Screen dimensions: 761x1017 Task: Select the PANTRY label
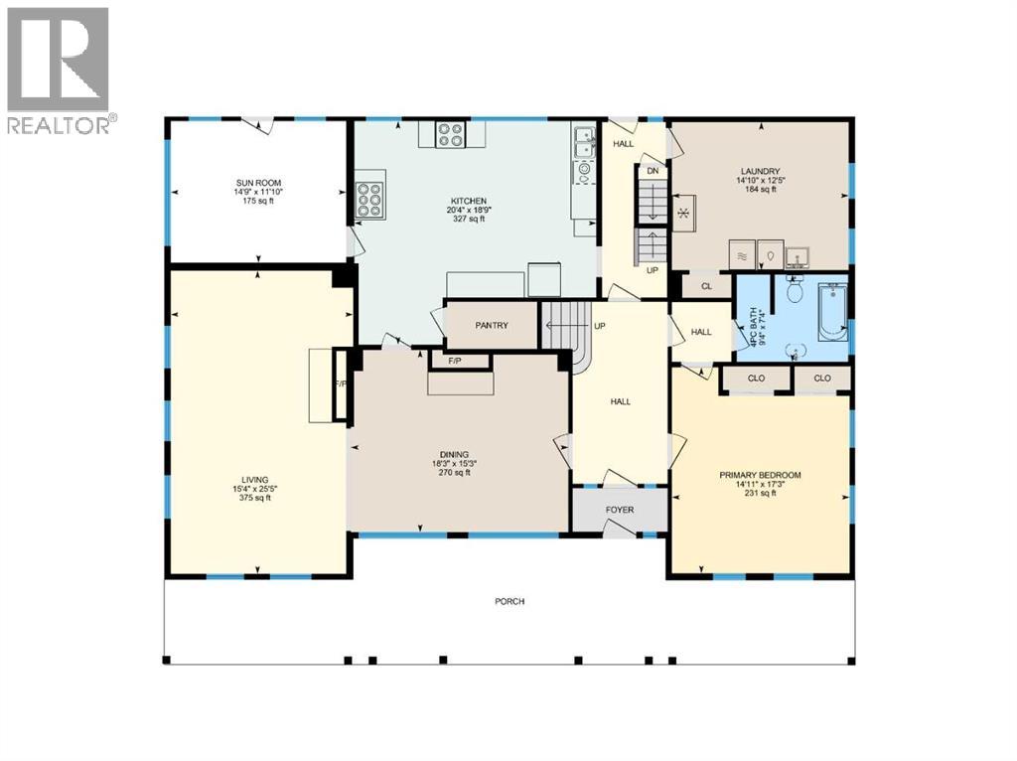click(492, 325)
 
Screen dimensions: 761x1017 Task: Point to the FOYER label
click(619, 511)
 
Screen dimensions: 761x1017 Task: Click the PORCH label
click(509, 602)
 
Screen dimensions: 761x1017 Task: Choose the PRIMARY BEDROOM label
click(760, 475)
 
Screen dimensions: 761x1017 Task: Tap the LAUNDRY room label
click(759, 171)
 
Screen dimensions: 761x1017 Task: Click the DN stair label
click(653, 171)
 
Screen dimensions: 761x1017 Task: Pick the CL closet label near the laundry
click(707, 287)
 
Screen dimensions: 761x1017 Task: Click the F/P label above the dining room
click(455, 361)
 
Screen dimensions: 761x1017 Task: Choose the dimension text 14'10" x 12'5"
click(759, 180)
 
